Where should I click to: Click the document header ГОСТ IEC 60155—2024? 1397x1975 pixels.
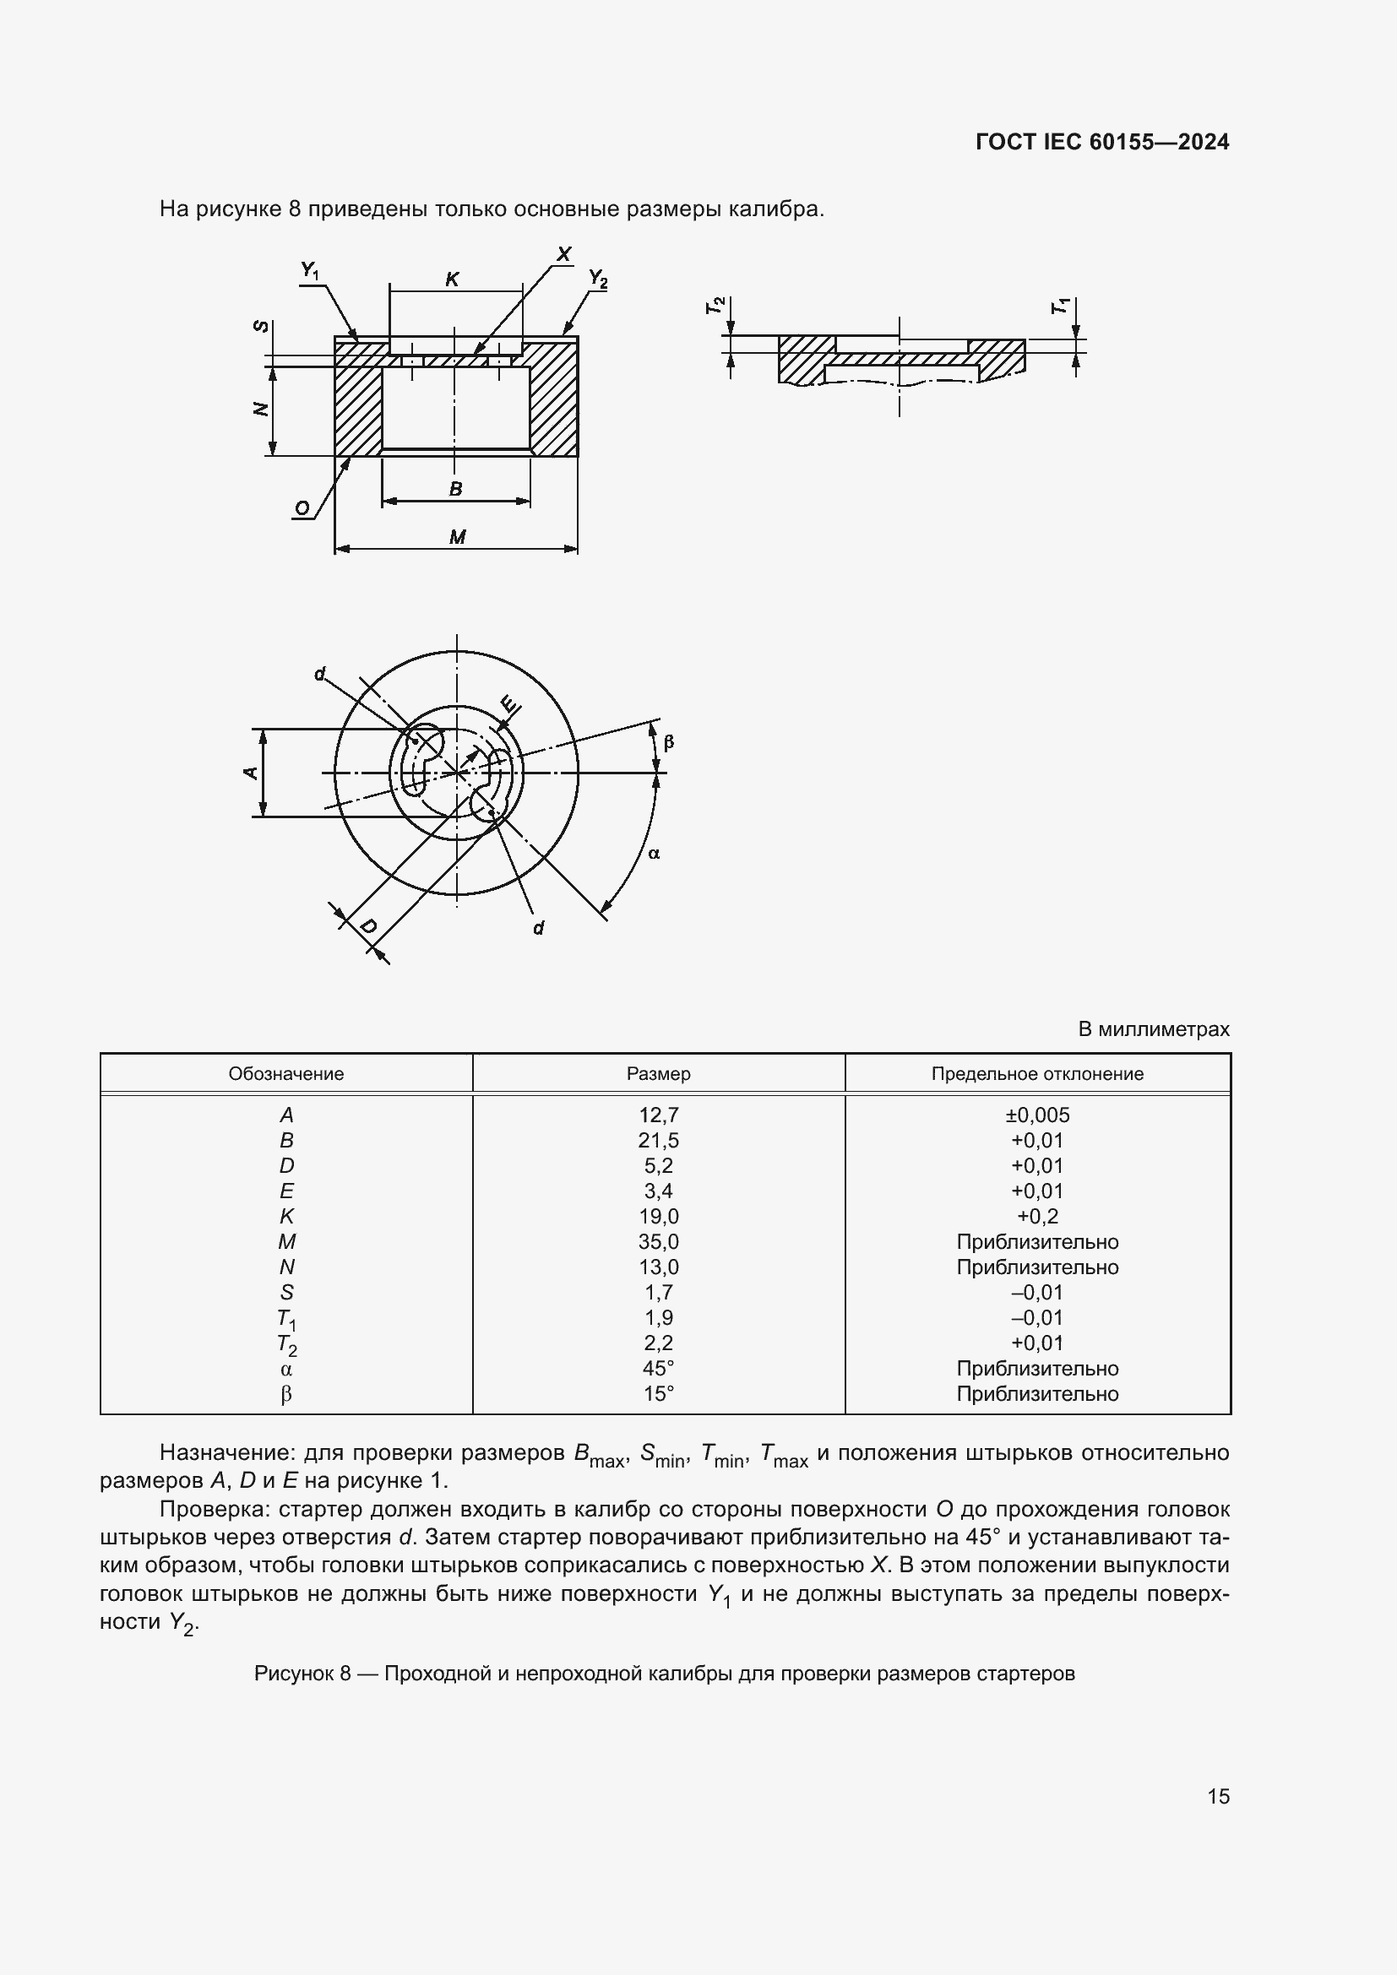pos(1102,142)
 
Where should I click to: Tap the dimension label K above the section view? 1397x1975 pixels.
pos(452,279)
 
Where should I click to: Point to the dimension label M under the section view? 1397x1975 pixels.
pos(457,538)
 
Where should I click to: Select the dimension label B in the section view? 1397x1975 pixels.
pos(456,489)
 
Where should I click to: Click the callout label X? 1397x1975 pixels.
pos(563,254)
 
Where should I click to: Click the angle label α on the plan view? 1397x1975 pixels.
pos(654,854)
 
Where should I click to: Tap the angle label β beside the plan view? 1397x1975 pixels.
pos(669,741)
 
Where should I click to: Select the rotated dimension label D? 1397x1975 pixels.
pos(367,926)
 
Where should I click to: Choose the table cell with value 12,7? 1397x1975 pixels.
pos(658,1115)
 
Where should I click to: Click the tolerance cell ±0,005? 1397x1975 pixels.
pos(1037,1115)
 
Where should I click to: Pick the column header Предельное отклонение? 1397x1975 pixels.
pos(1037,1073)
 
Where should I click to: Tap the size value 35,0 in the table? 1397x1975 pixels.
pos(658,1241)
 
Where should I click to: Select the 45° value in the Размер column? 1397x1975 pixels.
pos(658,1368)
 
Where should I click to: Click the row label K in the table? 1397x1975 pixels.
pos(286,1216)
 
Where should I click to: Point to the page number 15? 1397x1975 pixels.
pos(1218,1796)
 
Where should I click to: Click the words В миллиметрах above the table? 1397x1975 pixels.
pos(1154,1028)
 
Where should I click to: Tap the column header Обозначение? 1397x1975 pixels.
pos(285,1073)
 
